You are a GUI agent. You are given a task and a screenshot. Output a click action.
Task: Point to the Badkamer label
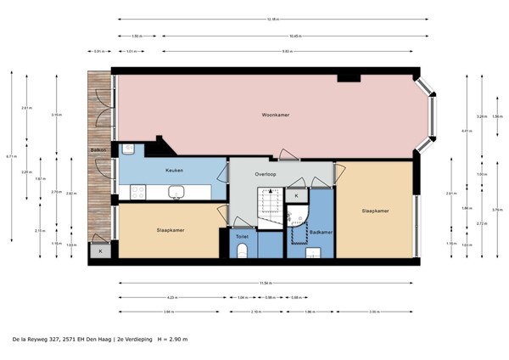[320, 232]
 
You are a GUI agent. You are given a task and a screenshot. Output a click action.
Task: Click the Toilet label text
[242, 237]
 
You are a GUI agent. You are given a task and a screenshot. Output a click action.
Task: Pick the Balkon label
[98, 151]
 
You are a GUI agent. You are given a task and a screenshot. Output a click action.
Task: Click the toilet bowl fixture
[242, 250]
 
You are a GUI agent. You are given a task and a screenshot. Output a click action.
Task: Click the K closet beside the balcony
[100, 250]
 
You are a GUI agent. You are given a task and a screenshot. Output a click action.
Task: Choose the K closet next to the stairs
[296, 196]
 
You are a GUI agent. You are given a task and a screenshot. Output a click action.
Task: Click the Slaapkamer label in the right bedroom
[375, 211]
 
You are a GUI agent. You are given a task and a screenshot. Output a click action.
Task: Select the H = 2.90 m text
[171, 339]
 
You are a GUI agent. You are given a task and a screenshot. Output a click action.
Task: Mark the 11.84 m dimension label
[265, 281]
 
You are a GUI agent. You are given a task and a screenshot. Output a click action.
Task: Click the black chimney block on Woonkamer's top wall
[348, 78]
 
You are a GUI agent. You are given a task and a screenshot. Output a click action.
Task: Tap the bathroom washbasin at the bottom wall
[312, 252]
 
